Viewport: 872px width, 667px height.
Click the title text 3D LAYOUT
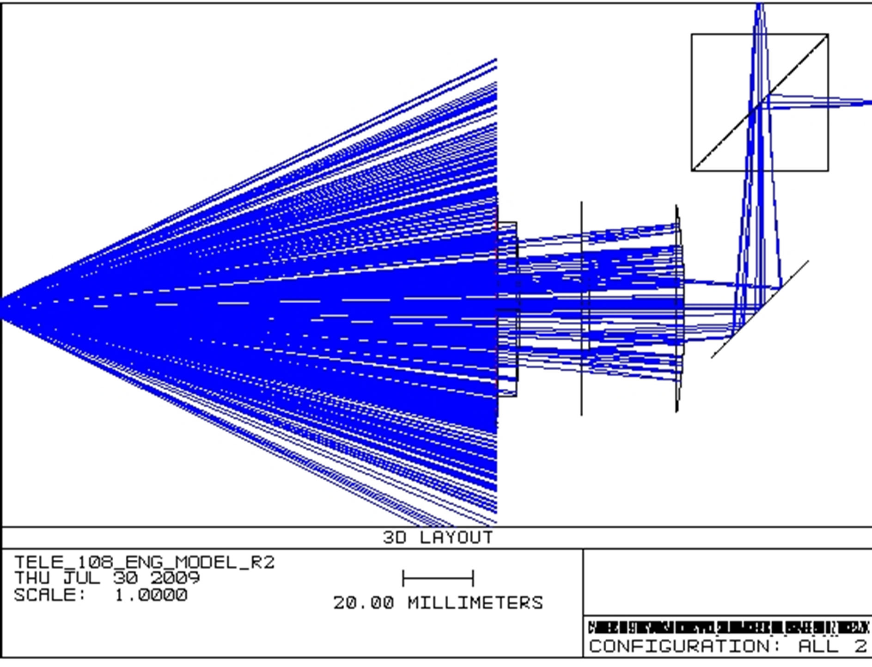(x=438, y=538)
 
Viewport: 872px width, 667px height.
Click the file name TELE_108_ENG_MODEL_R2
(x=144, y=563)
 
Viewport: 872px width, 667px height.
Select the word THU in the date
(x=32, y=578)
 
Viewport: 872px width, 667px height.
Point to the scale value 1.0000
(x=151, y=595)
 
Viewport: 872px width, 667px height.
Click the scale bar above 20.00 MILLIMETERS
(x=438, y=578)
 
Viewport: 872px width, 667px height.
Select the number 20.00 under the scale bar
(x=364, y=603)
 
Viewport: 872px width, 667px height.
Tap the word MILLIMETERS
(x=475, y=603)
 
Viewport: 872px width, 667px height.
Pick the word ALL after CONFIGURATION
(x=818, y=646)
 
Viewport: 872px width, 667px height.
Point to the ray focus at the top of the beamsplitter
(x=760, y=9)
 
